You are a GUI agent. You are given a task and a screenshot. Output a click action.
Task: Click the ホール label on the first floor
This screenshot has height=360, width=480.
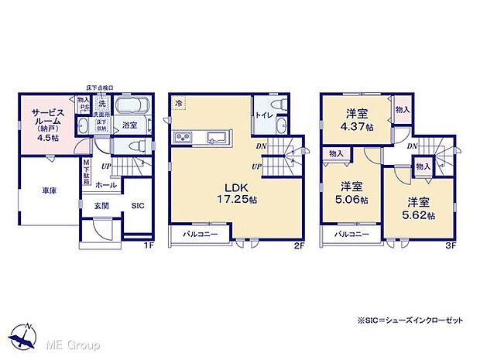[x=106, y=185]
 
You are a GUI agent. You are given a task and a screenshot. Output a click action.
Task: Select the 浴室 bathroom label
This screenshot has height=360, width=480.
[x=129, y=125]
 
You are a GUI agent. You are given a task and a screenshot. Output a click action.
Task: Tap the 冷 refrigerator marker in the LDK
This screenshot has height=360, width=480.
[x=178, y=101]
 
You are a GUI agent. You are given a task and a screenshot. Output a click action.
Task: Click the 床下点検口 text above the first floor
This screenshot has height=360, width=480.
[x=100, y=87]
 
